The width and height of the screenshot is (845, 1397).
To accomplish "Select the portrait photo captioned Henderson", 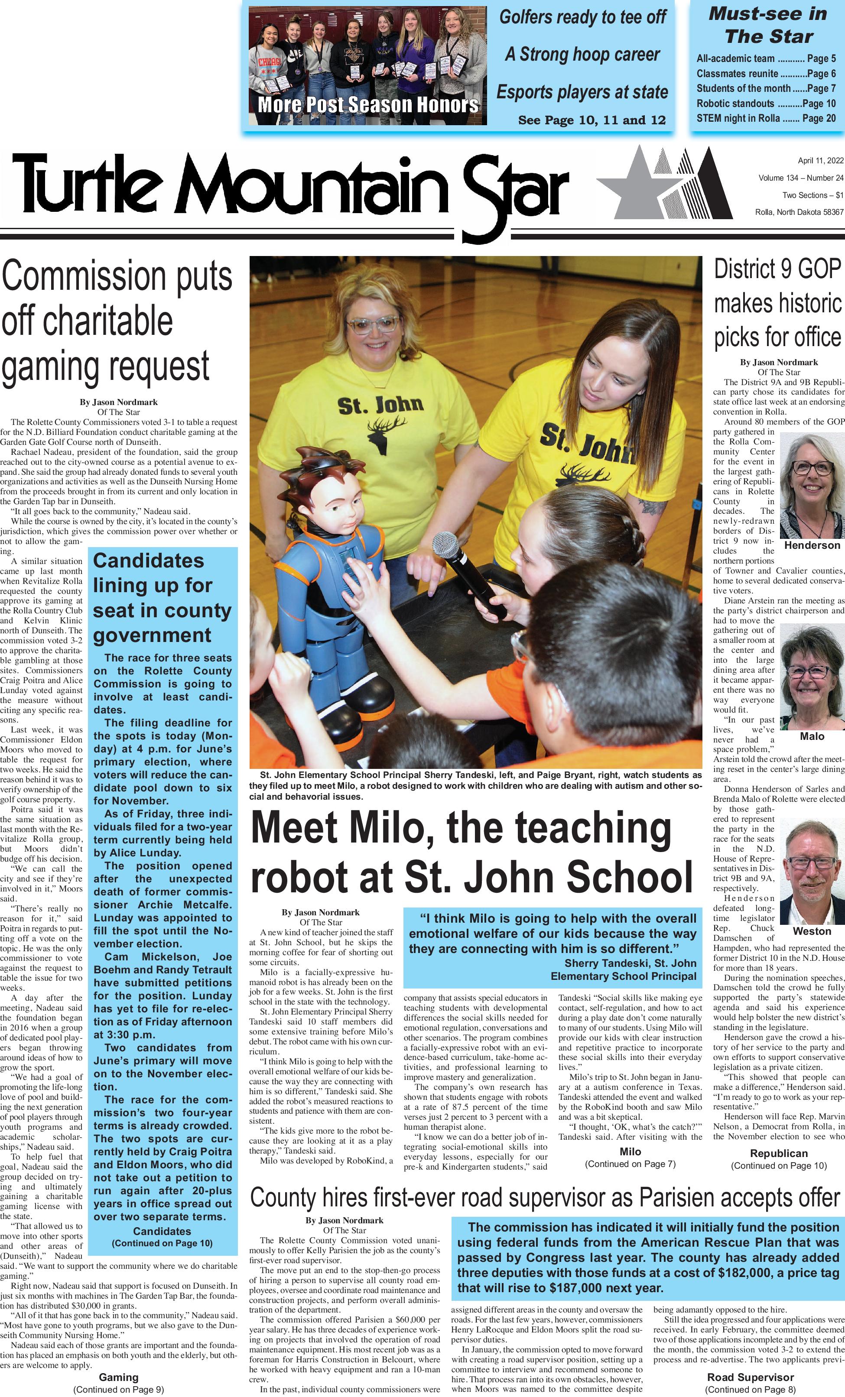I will pyautogui.click(x=812, y=486).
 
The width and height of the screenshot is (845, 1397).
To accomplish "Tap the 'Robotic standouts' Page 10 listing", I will pyautogui.click(x=766, y=104).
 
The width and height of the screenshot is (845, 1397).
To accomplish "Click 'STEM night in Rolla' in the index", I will pyautogui.click(x=766, y=119).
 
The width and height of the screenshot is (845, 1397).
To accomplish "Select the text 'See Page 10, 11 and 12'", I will pyautogui.click(x=591, y=120).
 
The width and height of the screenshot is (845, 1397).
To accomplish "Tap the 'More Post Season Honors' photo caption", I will pyautogui.click(x=368, y=105).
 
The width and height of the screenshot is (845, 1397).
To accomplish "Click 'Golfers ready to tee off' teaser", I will pyautogui.click(x=582, y=18).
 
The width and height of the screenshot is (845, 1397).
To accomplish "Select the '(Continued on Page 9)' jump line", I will pyautogui.click(x=119, y=1390).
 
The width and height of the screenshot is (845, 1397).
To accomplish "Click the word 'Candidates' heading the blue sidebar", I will pyautogui.click(x=149, y=561).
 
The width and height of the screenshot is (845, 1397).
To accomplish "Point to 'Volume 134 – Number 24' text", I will pyautogui.click(x=801, y=178).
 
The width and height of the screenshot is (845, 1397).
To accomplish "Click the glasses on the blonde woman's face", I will pyautogui.click(x=366, y=325).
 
